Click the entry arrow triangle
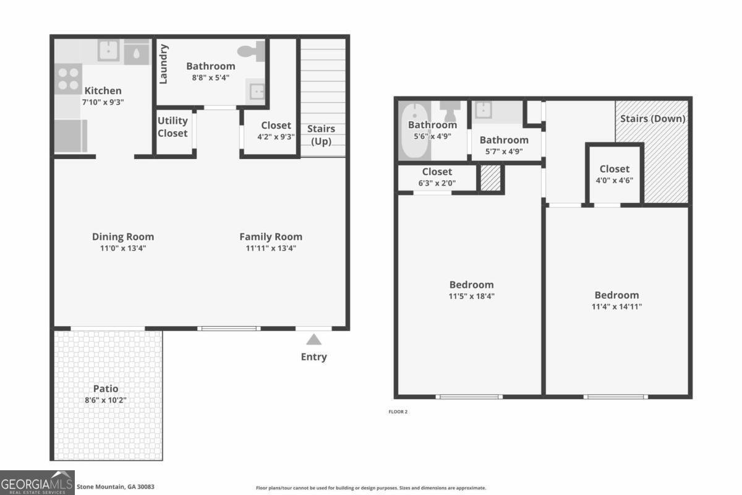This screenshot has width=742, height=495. pos(314,339)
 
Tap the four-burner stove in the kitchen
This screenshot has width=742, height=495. pos(68,79)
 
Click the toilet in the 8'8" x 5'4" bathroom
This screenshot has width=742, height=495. pos(252,51)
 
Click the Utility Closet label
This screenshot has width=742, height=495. pos(173,127)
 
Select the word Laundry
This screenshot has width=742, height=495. pos(164,64)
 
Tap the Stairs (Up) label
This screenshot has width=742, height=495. pos(321,135)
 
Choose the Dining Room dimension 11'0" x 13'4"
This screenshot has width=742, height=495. pos(122,248)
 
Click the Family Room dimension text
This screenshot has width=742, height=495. pos(271,248)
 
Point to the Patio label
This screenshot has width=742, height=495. pos(106,389)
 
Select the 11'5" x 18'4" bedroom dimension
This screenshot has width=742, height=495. pos(471,296)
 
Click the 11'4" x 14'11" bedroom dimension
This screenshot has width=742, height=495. pos(616,306)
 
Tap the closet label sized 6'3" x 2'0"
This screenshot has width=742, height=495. pos(437,171)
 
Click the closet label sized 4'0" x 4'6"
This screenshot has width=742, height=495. pos(615,169)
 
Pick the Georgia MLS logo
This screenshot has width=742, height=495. pos(37,483)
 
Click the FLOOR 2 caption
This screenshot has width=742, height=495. pos(398,411)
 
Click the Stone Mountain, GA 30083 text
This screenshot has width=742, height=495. pos(116,487)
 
